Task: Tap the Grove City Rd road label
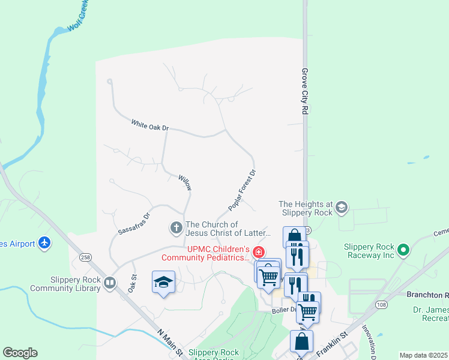(305, 91)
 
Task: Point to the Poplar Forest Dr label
(242, 190)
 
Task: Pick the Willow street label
(185, 182)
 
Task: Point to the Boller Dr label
(283, 310)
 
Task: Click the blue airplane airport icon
(44, 243)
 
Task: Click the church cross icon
(176, 227)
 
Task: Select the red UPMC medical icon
(259, 251)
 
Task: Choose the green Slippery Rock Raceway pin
(403, 249)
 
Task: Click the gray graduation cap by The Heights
(341, 208)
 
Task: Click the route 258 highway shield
(85, 257)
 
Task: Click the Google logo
(20, 353)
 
